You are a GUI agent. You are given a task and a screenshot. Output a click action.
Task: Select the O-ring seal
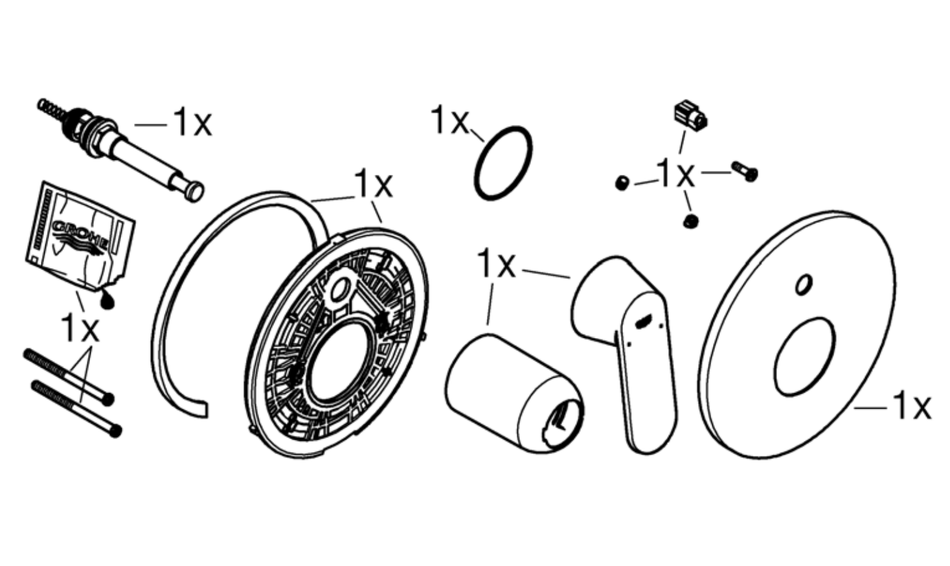point(503,163)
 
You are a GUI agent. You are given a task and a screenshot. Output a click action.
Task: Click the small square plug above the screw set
point(690,115)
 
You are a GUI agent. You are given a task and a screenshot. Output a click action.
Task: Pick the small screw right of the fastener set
point(745,171)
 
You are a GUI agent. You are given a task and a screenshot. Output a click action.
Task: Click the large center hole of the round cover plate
point(804,357)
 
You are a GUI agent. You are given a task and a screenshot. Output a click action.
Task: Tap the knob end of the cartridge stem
point(194,192)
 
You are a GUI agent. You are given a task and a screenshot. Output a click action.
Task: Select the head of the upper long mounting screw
point(108,399)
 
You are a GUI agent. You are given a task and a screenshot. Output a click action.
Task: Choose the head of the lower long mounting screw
point(115,431)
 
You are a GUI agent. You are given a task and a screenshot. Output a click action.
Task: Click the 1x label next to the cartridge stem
point(192,122)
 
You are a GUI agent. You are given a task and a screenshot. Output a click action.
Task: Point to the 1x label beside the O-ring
point(449,120)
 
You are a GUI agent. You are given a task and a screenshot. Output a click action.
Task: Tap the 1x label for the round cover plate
point(912,407)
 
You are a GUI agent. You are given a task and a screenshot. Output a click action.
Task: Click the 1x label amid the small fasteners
point(675,174)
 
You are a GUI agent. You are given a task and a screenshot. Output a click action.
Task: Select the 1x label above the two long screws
point(80,328)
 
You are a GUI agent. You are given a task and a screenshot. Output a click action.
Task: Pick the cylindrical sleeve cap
point(514,394)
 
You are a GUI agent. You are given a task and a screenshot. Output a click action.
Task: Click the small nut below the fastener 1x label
point(691,221)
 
